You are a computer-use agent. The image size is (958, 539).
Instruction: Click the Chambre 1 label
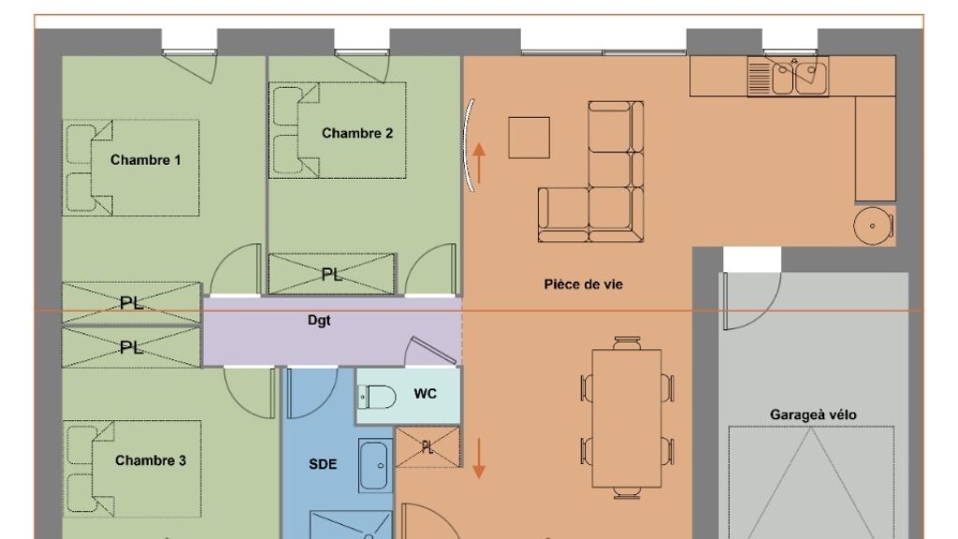[x=145, y=160]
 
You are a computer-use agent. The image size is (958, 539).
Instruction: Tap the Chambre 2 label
[x=357, y=133]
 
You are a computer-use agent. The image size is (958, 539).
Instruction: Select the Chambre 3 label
[x=151, y=460]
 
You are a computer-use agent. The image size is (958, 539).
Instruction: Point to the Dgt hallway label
[x=319, y=320]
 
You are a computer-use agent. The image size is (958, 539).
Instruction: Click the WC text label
[x=426, y=394]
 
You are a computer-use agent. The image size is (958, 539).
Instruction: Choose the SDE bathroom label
[x=323, y=464]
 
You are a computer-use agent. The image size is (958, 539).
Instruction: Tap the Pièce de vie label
[x=584, y=284]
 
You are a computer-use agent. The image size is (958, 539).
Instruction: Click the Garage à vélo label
[x=813, y=415]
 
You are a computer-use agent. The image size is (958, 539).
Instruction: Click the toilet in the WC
[x=376, y=397]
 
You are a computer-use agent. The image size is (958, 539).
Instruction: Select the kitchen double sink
[x=788, y=77]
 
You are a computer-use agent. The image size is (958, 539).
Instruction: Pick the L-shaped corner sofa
[x=591, y=172]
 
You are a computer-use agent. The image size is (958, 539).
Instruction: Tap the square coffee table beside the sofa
[x=530, y=138]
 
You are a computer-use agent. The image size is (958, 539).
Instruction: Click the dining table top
[x=627, y=418]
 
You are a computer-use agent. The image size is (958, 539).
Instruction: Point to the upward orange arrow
[x=479, y=163]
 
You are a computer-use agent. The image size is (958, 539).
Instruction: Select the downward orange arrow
[x=479, y=459]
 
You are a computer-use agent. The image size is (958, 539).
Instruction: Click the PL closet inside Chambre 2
[x=332, y=274]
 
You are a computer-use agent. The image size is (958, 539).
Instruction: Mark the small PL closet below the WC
[x=427, y=447]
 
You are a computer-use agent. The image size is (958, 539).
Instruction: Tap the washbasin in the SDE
[x=374, y=466]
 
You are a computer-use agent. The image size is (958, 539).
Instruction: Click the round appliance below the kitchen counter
[x=873, y=226]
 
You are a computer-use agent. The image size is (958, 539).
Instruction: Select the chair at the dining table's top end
[x=627, y=342]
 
